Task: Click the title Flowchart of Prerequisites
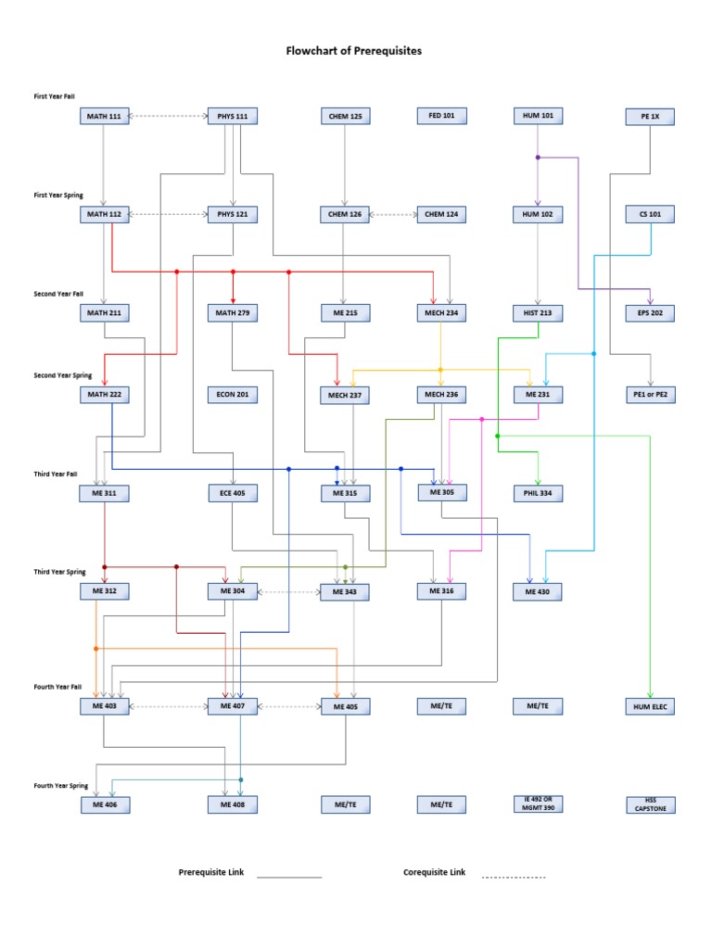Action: [353, 51]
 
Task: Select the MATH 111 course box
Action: [104, 117]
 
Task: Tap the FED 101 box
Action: [441, 116]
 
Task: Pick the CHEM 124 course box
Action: [441, 214]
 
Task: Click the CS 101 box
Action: [650, 214]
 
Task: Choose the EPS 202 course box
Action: [650, 313]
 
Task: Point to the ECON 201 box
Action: [232, 395]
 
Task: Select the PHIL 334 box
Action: [539, 494]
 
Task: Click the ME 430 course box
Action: [539, 591]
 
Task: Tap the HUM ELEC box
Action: [650, 707]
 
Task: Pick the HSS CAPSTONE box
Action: [650, 804]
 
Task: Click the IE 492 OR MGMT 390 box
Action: [539, 803]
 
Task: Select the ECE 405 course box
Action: [232, 494]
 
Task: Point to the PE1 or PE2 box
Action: [650, 395]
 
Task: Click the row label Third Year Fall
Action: [57, 474]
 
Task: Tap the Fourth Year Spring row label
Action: [61, 786]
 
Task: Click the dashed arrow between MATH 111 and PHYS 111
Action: [168, 117]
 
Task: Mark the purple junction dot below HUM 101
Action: [538, 158]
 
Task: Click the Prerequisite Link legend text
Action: [210, 873]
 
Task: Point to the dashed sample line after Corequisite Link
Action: [513, 876]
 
